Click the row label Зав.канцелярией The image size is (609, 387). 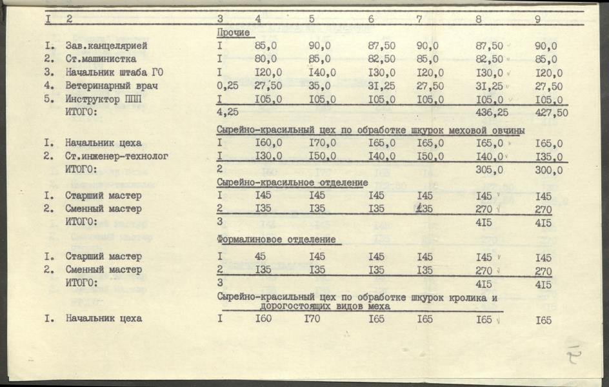(106, 46)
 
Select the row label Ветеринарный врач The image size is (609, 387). (112, 86)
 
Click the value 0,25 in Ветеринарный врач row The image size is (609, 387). (228, 86)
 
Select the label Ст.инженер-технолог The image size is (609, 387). (117, 156)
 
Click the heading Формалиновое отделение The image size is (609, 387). (277, 240)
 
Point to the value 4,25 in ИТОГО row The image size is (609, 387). (228, 112)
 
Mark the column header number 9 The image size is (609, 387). (537, 19)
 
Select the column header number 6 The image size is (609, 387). (371, 19)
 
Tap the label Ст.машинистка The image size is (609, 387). (100, 59)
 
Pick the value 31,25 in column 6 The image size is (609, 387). (381, 86)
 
